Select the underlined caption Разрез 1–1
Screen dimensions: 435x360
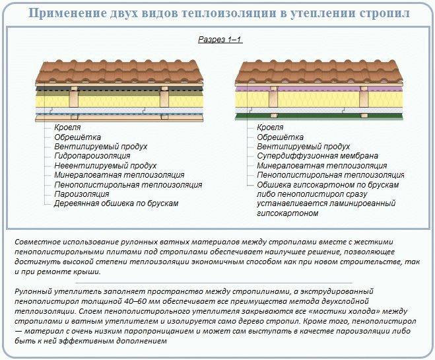pyautogui.click(x=220, y=40)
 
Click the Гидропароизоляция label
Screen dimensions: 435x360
pyautogui.click(x=92, y=156)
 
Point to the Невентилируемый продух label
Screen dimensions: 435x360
pyautogui.click(x=106, y=166)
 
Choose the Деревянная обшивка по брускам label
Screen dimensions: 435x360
pyautogui.click(x=116, y=203)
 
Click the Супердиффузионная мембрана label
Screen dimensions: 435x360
pyautogui.click(x=318, y=156)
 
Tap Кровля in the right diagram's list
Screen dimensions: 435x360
pyautogui.click(x=270, y=127)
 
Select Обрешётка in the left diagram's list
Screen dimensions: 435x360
pyautogui.click(x=77, y=137)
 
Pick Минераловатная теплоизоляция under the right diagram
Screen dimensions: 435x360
pyautogui.click(x=322, y=166)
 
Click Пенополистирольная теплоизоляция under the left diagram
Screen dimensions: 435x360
pyautogui.click(x=128, y=184)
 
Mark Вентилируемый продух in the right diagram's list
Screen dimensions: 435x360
pyautogui.click(x=303, y=147)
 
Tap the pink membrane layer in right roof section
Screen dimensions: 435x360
pyautogui.click(x=319, y=89)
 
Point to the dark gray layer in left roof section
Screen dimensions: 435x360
pyautogui.click(x=119, y=89)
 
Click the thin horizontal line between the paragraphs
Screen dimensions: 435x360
pyautogui.click(x=214, y=282)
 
